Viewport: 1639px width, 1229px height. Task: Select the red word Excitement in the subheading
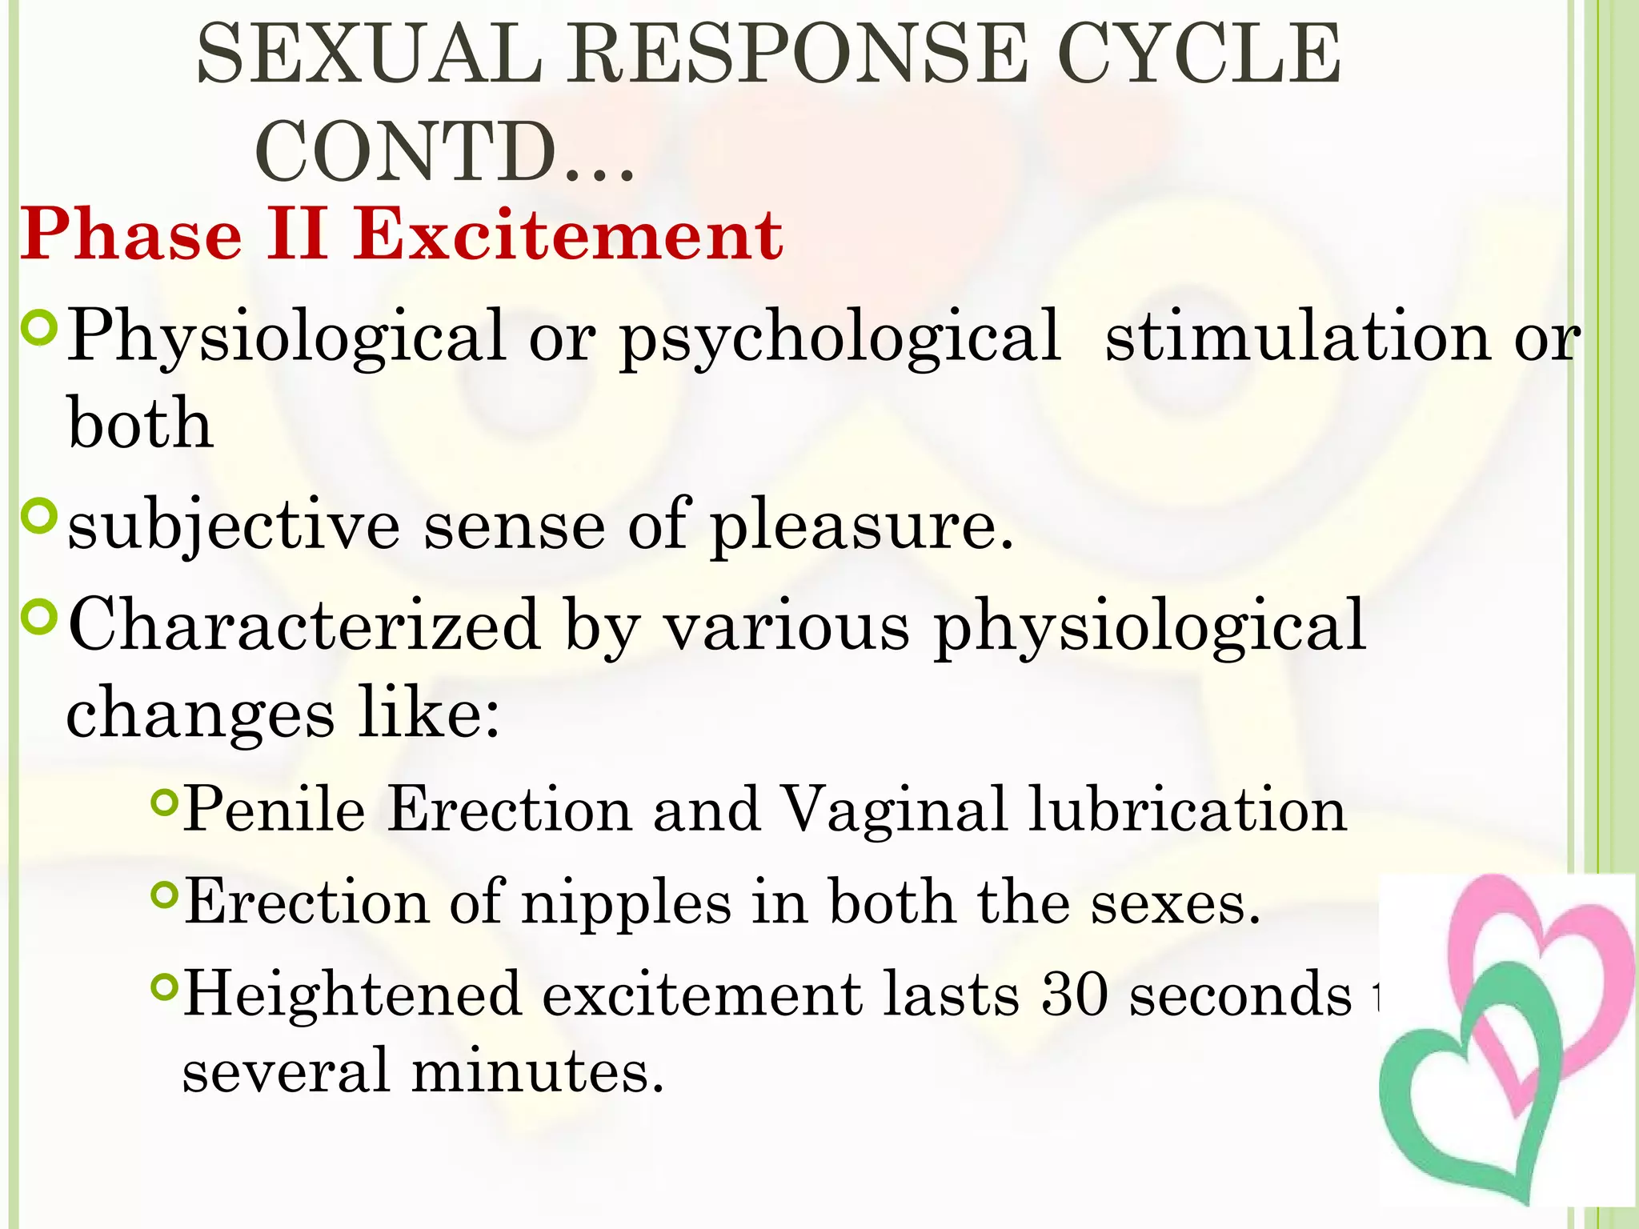(568, 235)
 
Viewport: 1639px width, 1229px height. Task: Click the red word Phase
(131, 235)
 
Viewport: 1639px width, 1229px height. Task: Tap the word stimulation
(1296, 336)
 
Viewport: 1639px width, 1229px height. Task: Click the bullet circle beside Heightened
(163, 988)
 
